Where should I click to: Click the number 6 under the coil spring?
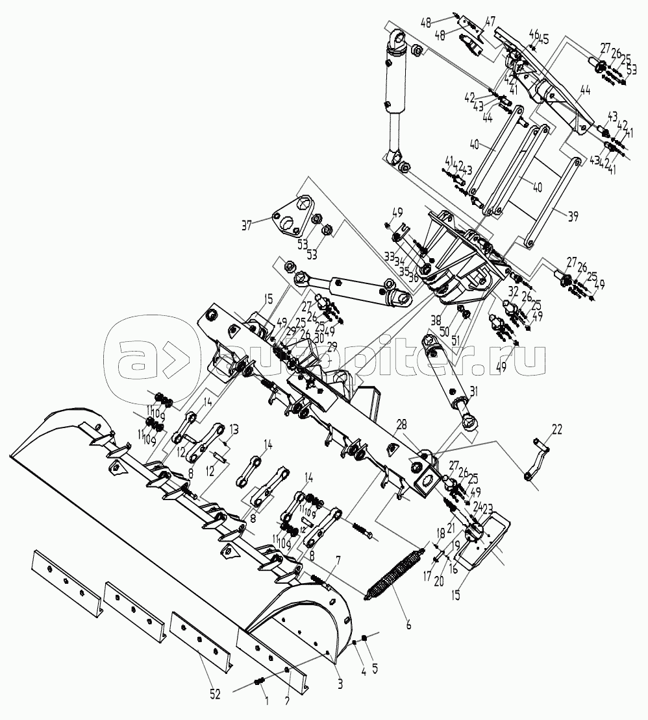(x=409, y=626)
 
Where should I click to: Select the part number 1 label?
(x=266, y=700)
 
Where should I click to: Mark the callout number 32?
(x=513, y=291)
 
